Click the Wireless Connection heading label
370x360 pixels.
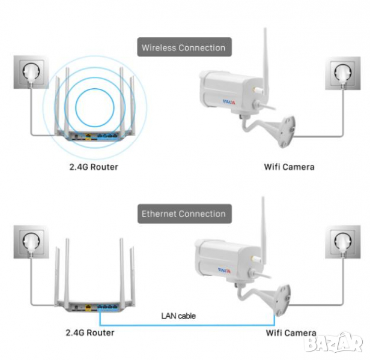[184, 47]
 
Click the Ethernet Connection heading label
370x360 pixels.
[184, 214]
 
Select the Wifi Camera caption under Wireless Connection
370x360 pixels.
[288, 166]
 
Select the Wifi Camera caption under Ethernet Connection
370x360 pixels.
[291, 332]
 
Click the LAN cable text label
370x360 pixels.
[178, 316]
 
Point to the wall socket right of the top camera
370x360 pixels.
[342, 74]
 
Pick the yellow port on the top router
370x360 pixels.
[84, 136]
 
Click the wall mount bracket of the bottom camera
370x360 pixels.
[277, 295]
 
